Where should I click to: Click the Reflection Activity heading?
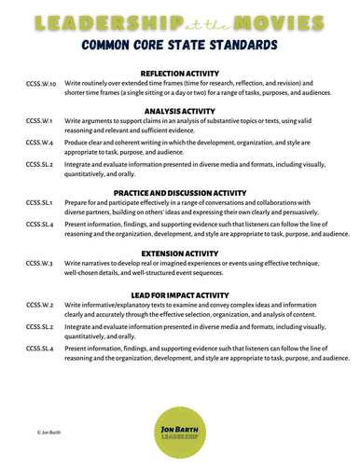tap(179, 74)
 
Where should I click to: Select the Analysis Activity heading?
tap(179, 111)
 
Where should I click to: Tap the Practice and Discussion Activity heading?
tap(179, 193)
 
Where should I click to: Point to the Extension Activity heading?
tap(179, 253)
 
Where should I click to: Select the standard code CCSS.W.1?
tap(38, 122)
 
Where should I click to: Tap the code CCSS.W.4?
tap(38, 144)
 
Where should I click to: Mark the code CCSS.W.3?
tap(38, 264)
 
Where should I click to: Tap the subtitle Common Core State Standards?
tap(179, 45)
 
